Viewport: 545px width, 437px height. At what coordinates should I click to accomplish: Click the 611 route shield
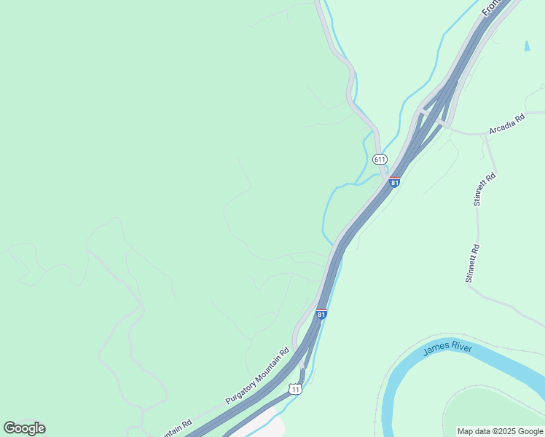coord(379,159)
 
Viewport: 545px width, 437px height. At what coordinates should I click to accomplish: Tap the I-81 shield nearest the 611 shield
coord(394,182)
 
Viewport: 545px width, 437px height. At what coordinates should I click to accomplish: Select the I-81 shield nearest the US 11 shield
coord(321,314)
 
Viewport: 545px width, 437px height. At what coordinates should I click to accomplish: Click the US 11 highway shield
coord(295,390)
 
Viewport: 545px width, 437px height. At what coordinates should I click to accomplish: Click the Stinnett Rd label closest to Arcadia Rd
coord(485,189)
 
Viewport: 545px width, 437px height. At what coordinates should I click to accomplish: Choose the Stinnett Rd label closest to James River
coord(472,263)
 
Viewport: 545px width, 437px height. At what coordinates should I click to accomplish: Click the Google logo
coord(24,428)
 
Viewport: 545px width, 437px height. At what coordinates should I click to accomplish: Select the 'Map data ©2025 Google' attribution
coord(500,431)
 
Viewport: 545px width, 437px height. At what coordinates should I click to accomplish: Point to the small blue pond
coord(526,45)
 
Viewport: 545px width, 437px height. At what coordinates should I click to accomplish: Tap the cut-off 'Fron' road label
coord(491,8)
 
